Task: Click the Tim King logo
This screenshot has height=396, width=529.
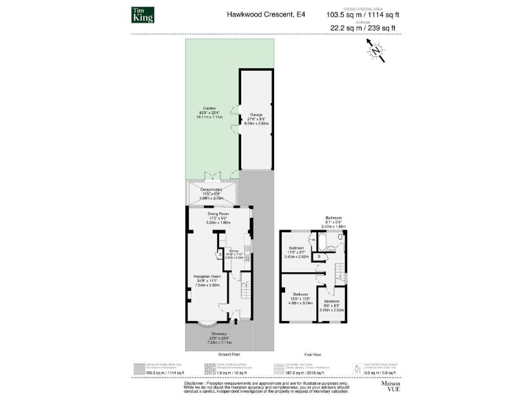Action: (x=143, y=14)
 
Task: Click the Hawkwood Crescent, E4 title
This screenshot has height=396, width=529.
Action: (x=256, y=14)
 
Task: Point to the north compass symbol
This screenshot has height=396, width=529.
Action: (x=375, y=49)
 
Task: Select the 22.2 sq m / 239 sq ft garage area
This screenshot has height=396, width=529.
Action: (x=363, y=28)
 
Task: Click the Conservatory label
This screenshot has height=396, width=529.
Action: (x=212, y=190)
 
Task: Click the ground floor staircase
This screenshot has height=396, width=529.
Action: (x=245, y=288)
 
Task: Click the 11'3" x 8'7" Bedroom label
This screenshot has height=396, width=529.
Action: (x=296, y=250)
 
